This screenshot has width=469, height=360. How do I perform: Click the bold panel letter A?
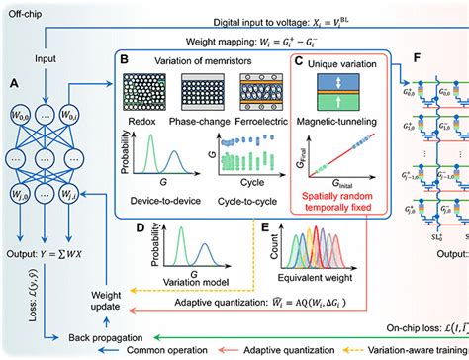pos(14,82)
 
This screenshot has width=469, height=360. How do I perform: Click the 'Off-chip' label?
pos(27,9)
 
